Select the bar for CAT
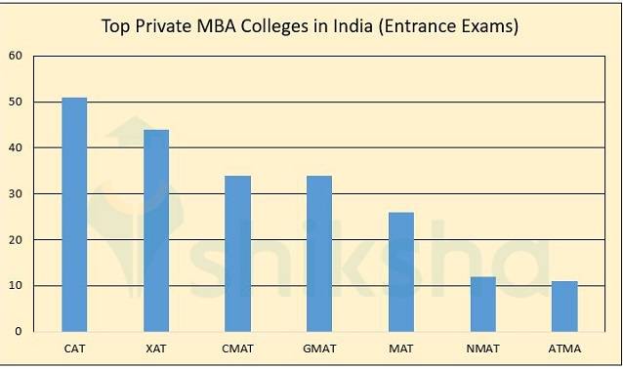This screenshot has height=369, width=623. click(x=74, y=215)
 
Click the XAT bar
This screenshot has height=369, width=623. click(x=156, y=230)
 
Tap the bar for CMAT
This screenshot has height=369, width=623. click(x=238, y=254)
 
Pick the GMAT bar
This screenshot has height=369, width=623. click(x=319, y=254)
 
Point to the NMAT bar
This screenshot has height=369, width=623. click(x=483, y=304)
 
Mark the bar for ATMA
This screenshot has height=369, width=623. click(x=565, y=307)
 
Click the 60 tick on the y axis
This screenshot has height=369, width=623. click(x=17, y=56)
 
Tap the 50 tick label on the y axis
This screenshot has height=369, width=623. click(x=17, y=102)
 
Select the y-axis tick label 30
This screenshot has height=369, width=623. click(x=17, y=193)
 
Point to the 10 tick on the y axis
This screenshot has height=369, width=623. click(x=17, y=285)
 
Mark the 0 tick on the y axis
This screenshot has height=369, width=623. click(x=20, y=331)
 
